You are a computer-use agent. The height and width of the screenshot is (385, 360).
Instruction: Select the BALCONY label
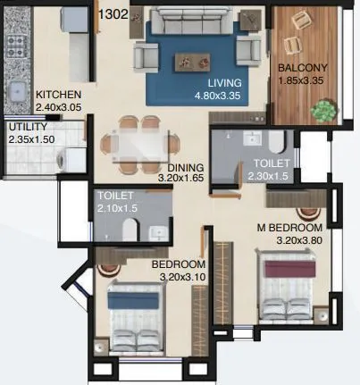click(x=302, y=68)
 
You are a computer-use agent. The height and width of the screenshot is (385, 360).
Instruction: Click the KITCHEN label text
click(x=59, y=95)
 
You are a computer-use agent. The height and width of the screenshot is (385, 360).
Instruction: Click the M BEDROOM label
click(x=290, y=228)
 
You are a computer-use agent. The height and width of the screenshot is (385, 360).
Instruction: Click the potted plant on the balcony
click(x=322, y=110)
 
